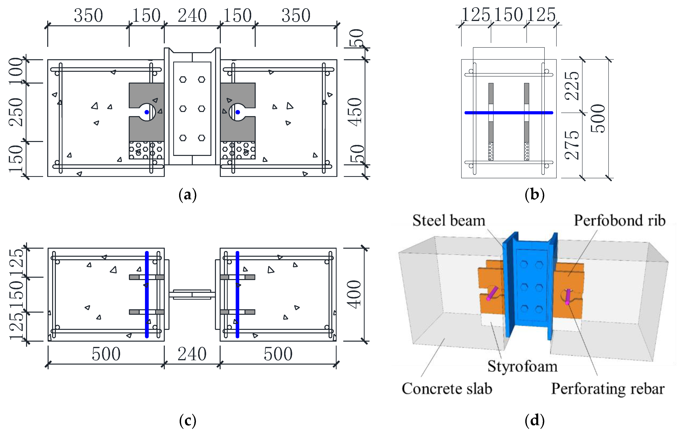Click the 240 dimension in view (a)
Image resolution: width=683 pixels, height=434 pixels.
(192, 16)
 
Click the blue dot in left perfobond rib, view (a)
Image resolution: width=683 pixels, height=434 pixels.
(147, 112)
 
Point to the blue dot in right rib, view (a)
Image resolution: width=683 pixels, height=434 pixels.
(238, 112)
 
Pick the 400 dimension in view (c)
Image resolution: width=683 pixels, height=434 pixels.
(355, 294)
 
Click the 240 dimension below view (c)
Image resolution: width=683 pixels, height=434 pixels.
(192, 354)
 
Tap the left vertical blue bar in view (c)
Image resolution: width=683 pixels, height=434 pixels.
(147, 294)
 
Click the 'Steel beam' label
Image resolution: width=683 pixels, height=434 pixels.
(449, 221)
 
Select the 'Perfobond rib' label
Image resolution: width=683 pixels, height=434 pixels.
(620, 221)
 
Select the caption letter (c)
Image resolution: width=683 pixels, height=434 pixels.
(188, 420)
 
